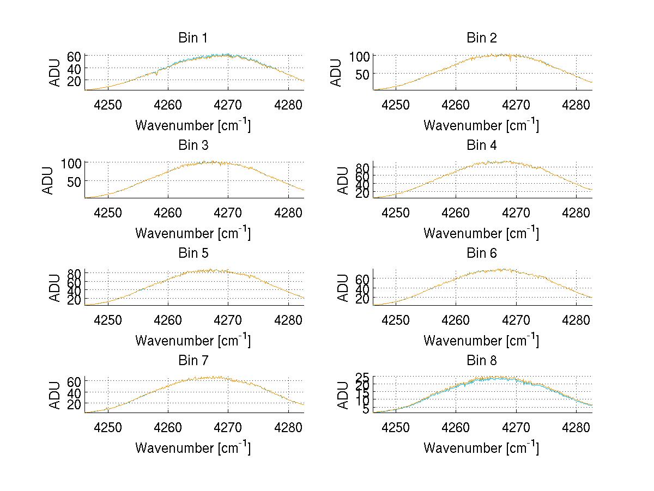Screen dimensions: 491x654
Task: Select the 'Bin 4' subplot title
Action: click(x=481, y=146)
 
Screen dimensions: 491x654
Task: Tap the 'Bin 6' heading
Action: click(x=481, y=253)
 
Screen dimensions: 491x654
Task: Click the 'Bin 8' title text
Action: click(x=481, y=361)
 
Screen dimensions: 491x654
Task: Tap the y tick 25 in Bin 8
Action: click(x=362, y=377)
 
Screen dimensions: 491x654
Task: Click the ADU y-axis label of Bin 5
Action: click(x=55, y=287)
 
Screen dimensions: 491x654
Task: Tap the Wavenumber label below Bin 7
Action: click(x=192, y=447)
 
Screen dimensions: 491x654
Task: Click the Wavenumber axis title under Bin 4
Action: click(x=481, y=233)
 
